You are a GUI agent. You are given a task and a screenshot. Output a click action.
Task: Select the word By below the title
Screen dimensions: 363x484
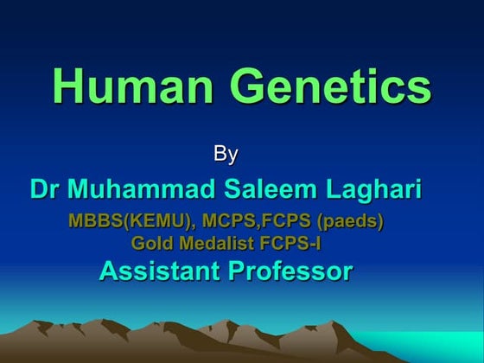pyautogui.click(x=226, y=156)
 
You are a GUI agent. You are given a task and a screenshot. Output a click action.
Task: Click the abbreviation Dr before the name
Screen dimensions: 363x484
pyautogui.click(x=44, y=188)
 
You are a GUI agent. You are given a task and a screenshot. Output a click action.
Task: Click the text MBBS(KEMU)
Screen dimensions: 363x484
pyautogui.click(x=135, y=221)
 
